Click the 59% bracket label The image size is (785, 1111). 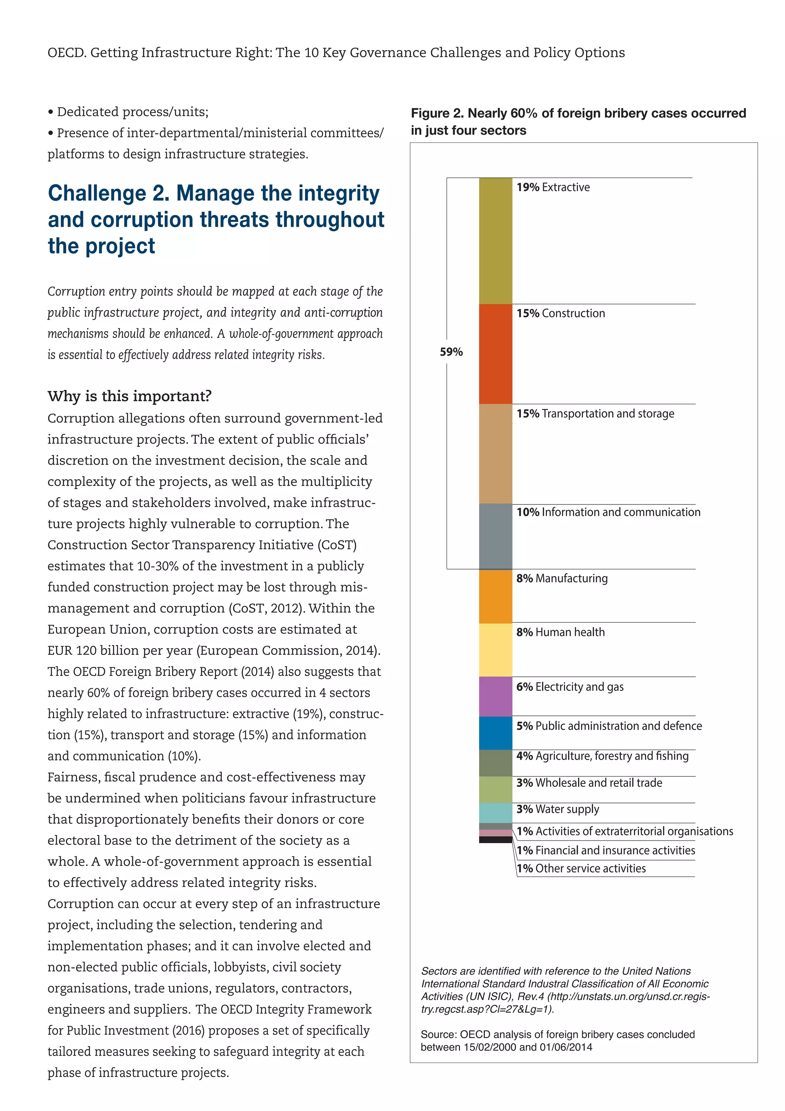coord(451,352)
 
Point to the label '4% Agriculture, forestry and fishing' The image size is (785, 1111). coord(602,756)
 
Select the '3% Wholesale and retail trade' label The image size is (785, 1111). coord(589,783)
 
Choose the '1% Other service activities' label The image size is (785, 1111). coord(581,868)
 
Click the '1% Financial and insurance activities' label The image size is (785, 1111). coord(605,850)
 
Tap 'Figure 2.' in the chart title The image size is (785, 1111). coord(437,113)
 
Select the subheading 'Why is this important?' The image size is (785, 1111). coord(130,396)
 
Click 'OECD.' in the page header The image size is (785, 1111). coord(67,52)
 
